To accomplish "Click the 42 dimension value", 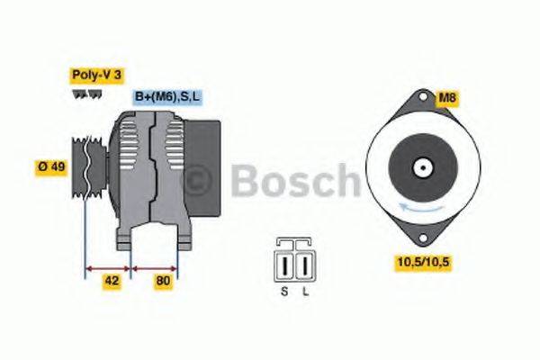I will [112, 280].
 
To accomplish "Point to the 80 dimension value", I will [163, 280].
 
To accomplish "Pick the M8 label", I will [446, 96].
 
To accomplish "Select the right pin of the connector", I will [303, 266].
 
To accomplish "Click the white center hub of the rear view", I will [419, 167].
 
